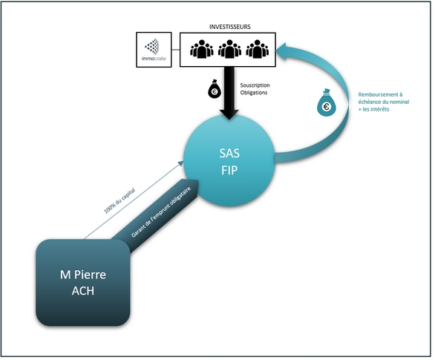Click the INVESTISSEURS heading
[229, 27]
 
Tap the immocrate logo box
[154, 50]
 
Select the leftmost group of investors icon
[202, 49]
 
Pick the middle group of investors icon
[229, 49]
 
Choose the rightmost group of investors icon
[257, 49]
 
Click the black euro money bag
[215, 89]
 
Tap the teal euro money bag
[327, 102]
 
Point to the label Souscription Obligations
[255, 89]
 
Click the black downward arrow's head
[229, 114]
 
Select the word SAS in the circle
[229, 154]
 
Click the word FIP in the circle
[229, 170]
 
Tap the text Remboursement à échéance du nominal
[383, 98]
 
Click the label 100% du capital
[120, 201]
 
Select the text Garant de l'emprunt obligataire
[161, 212]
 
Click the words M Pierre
[83, 275]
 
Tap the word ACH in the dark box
[83, 291]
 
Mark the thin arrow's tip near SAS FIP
[183, 161]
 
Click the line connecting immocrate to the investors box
[176, 50]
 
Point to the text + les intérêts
[373, 109]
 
